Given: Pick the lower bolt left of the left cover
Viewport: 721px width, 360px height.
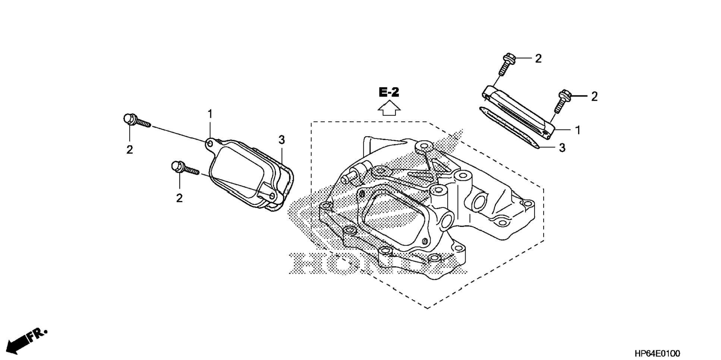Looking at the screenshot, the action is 184,168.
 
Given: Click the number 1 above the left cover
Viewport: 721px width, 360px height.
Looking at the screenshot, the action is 210,114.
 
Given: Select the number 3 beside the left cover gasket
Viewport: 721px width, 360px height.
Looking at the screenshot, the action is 281,140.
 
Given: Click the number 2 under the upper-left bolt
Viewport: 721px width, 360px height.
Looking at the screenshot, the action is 129,150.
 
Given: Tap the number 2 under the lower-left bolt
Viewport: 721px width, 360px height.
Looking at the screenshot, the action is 179,198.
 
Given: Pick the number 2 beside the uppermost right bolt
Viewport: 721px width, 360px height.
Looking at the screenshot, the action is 538,59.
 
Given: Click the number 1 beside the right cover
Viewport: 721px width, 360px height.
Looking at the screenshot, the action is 577,130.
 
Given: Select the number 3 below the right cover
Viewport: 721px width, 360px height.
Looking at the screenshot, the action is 562,148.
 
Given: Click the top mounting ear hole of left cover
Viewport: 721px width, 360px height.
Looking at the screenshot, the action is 210,143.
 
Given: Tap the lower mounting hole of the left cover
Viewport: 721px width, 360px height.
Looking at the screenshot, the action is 272,195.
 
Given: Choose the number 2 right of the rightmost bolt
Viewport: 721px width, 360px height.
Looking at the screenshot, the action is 594,97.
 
